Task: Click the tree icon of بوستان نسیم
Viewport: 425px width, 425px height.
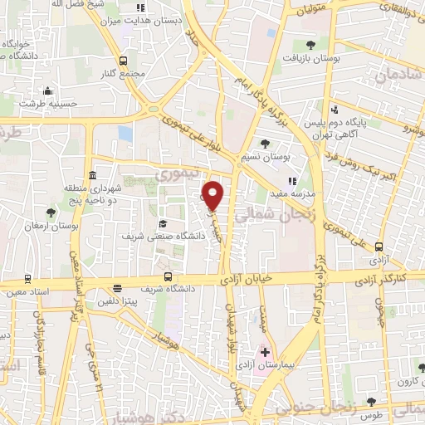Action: pyautogui.click(x=265, y=143)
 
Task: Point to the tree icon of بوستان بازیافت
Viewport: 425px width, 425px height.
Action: pyautogui.click(x=310, y=45)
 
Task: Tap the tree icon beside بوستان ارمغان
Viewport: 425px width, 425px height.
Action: pyautogui.click(x=51, y=212)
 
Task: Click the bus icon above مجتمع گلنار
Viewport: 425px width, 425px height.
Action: pyautogui.click(x=124, y=61)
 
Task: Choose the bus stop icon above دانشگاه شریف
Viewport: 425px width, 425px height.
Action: pyautogui.click(x=169, y=276)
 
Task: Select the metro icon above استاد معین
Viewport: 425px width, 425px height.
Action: pyautogui.click(x=27, y=279)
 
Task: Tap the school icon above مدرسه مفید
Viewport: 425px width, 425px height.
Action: pyautogui.click(x=291, y=181)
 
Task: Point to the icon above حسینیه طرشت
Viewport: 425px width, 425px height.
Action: pyautogui.click(x=47, y=91)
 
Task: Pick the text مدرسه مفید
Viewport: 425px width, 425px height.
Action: pyautogui.click(x=291, y=193)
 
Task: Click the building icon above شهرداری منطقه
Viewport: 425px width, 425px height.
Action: pyautogui.click(x=91, y=176)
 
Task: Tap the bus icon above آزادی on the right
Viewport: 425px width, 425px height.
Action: pyautogui.click(x=379, y=247)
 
